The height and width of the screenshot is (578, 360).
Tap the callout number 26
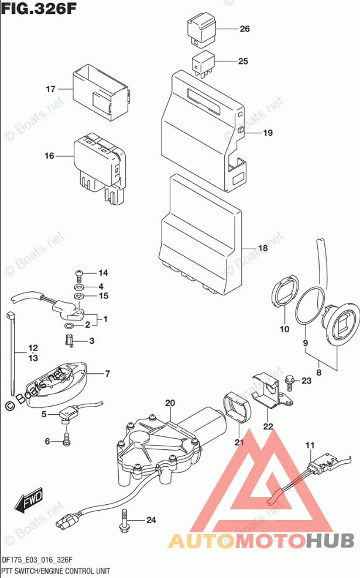[x=244, y=29]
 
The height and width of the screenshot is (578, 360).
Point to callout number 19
[x=268, y=133]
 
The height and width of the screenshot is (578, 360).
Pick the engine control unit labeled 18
[x=199, y=234]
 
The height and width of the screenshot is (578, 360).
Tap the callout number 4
[x=101, y=286]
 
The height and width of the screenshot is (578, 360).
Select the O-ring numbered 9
[x=310, y=306]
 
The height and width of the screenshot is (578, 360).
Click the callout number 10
[x=284, y=329]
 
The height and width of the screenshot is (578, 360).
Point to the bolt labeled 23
[x=289, y=381]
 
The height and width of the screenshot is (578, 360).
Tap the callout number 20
[x=170, y=403]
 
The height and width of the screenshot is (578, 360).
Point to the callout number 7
[x=108, y=373]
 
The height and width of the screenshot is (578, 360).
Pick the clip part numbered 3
[x=69, y=340]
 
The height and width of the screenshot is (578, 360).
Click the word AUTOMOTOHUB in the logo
[x=261, y=542]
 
